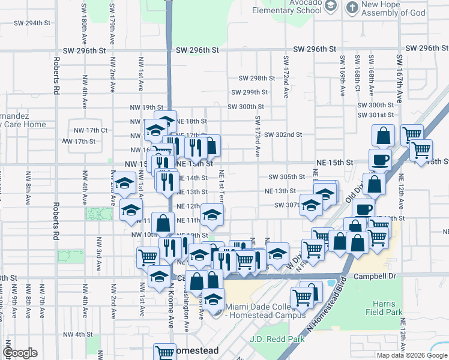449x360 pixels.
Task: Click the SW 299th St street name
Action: click(250, 92)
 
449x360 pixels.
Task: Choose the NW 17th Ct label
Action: click(91, 130)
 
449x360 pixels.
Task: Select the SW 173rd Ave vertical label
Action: click(257, 136)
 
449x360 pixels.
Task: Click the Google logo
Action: click(20, 353)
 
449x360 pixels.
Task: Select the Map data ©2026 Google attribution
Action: click(411, 355)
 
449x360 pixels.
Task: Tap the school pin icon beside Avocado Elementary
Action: click(330, 6)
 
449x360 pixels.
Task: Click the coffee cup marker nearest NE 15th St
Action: click(379, 160)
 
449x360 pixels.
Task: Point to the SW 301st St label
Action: click(375, 115)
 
